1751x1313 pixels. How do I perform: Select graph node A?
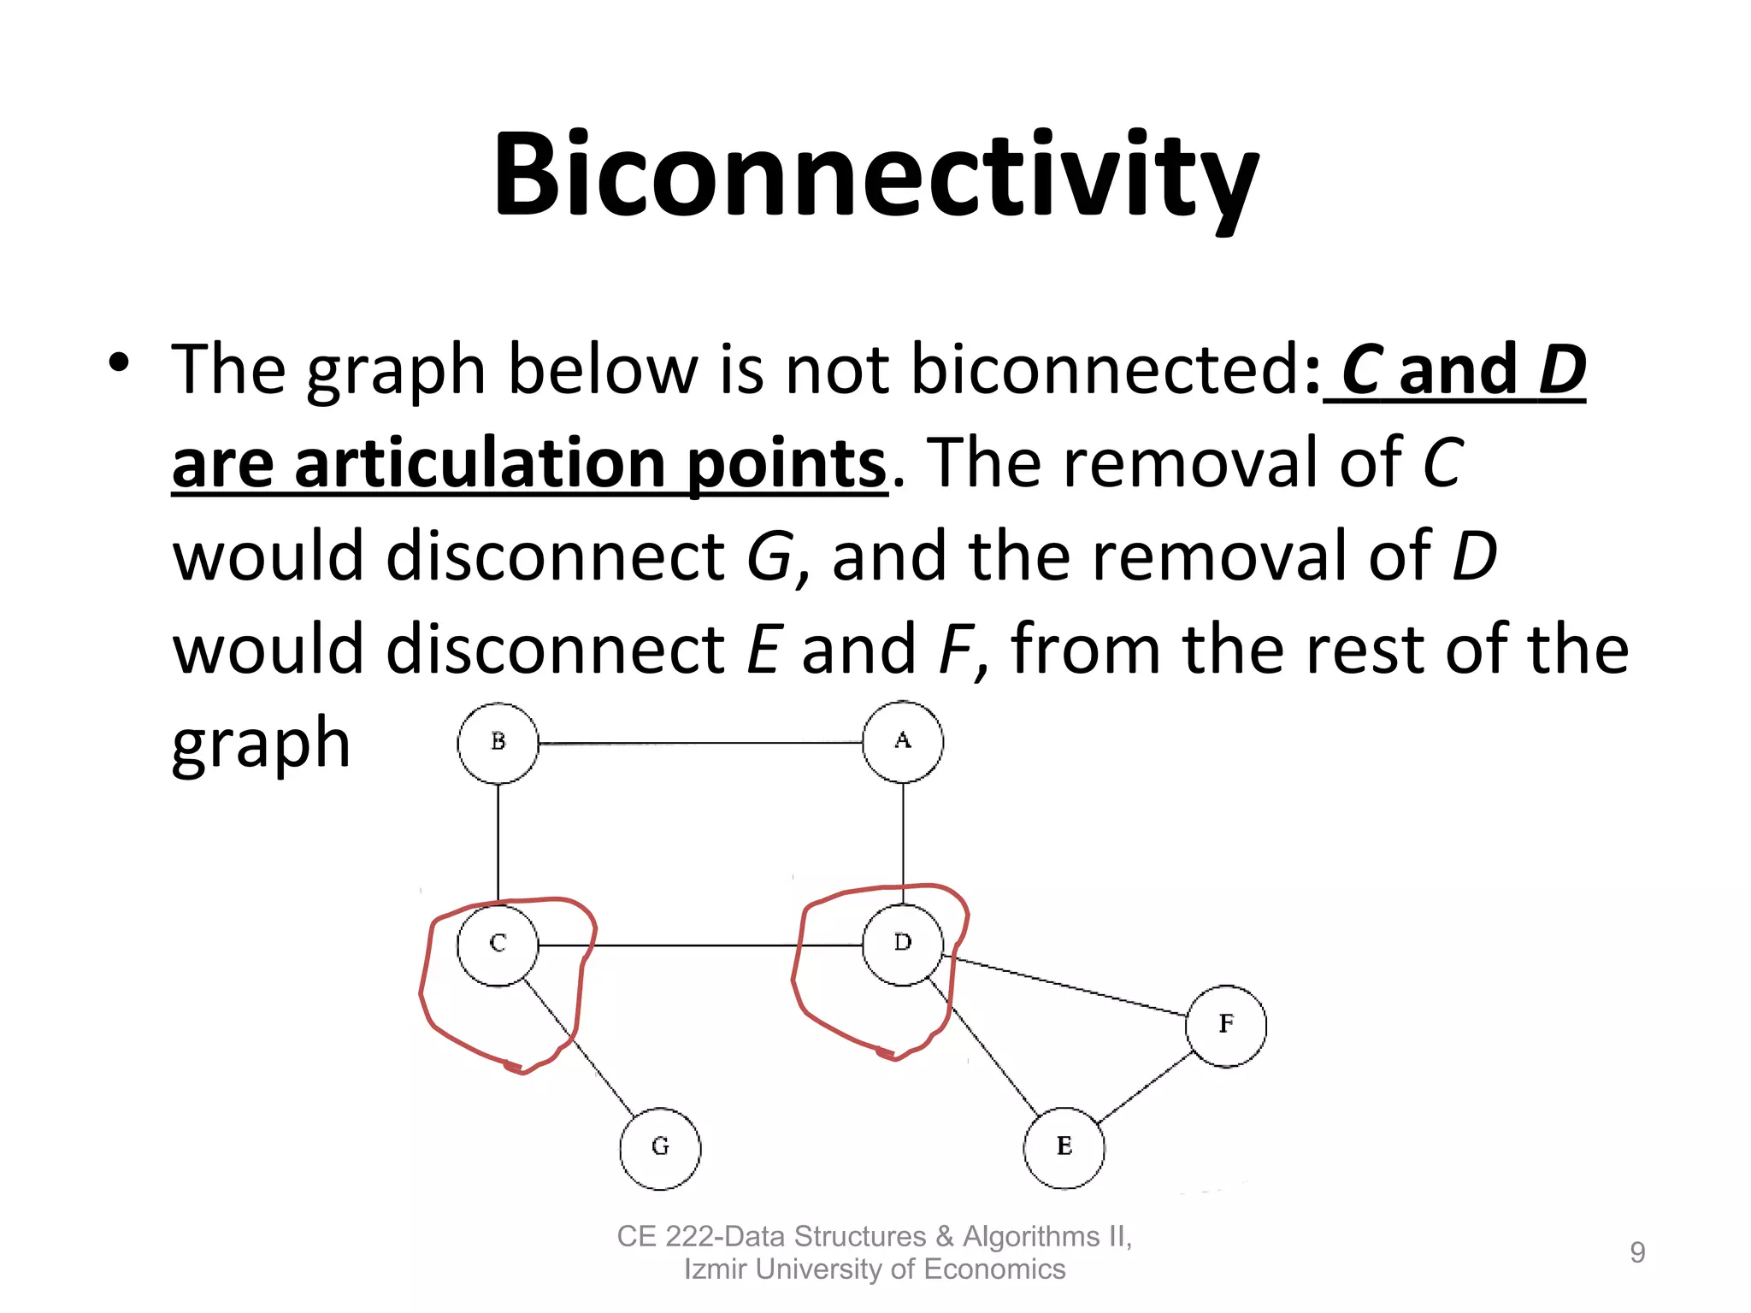click(903, 742)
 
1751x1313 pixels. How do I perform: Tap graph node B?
click(498, 743)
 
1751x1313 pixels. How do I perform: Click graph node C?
click(498, 945)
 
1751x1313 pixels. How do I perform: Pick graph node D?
click(903, 945)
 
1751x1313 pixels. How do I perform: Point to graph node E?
click(1064, 1147)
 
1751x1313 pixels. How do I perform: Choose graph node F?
click(1226, 1025)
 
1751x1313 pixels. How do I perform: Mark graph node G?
click(660, 1148)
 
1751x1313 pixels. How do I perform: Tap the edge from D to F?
click(1069, 986)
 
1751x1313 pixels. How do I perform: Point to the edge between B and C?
click(498, 842)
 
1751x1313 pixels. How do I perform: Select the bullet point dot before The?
click(119, 364)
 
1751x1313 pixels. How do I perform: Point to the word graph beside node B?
click(261, 744)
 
